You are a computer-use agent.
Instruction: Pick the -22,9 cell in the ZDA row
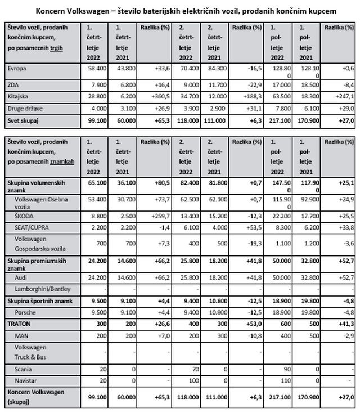[253, 86]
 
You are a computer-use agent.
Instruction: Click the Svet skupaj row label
[24, 120]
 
